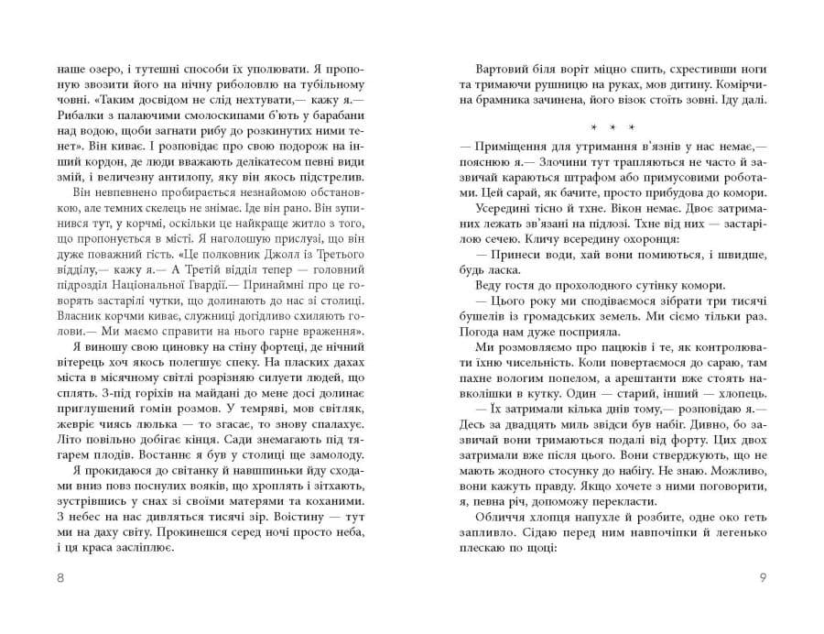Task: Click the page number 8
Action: pyautogui.click(x=60, y=578)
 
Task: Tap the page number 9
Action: pyautogui.click(x=763, y=578)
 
